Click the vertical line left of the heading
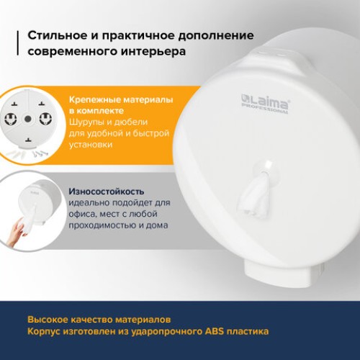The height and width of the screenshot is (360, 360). click(17, 44)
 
